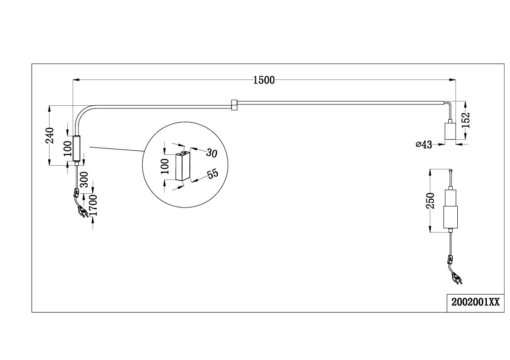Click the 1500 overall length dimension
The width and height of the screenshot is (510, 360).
[264, 80]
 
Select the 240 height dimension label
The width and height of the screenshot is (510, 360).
[50, 135]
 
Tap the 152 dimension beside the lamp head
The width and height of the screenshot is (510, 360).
[466, 120]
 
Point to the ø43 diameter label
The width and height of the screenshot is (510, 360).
[424, 144]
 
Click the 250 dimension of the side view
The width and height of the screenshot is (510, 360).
[431, 201]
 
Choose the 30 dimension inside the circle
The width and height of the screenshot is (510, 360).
[212, 153]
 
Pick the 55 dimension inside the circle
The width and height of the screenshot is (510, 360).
[213, 174]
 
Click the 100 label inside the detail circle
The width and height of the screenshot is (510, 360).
[165, 166]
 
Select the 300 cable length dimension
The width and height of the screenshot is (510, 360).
[84, 179]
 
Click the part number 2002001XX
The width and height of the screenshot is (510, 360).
[475, 302]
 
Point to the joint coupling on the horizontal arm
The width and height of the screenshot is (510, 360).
[233, 105]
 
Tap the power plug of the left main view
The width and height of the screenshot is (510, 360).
[82, 212]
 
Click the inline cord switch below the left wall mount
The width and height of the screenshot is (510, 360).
[76, 193]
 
